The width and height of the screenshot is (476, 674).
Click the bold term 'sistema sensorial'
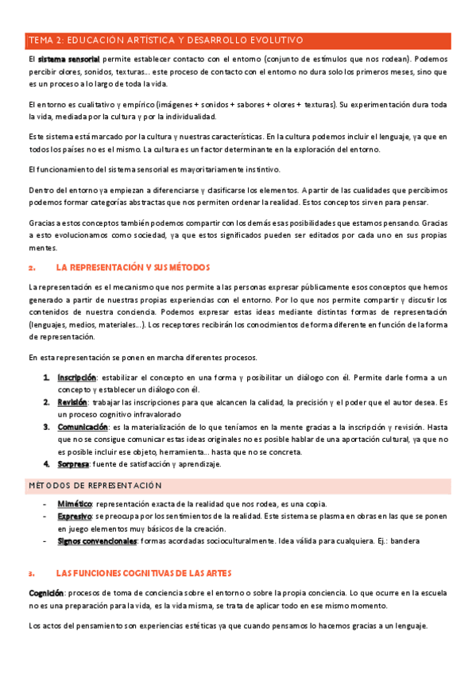click(68, 59)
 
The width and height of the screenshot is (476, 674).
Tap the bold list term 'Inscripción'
click(76, 377)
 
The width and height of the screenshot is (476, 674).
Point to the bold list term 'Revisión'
click(72, 402)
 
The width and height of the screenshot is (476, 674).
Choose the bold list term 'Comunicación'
click(82, 427)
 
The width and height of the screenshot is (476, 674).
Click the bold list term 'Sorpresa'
click(72, 463)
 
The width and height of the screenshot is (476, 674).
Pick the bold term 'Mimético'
click(75, 504)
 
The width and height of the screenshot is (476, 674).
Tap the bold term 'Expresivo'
click(75, 517)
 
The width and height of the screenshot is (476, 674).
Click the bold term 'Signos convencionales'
click(97, 541)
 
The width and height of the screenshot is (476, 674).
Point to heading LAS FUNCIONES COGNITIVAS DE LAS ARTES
click(143, 573)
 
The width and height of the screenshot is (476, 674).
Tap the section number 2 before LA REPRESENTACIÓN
click(30, 268)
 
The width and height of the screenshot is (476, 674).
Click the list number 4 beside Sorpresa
click(46, 463)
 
